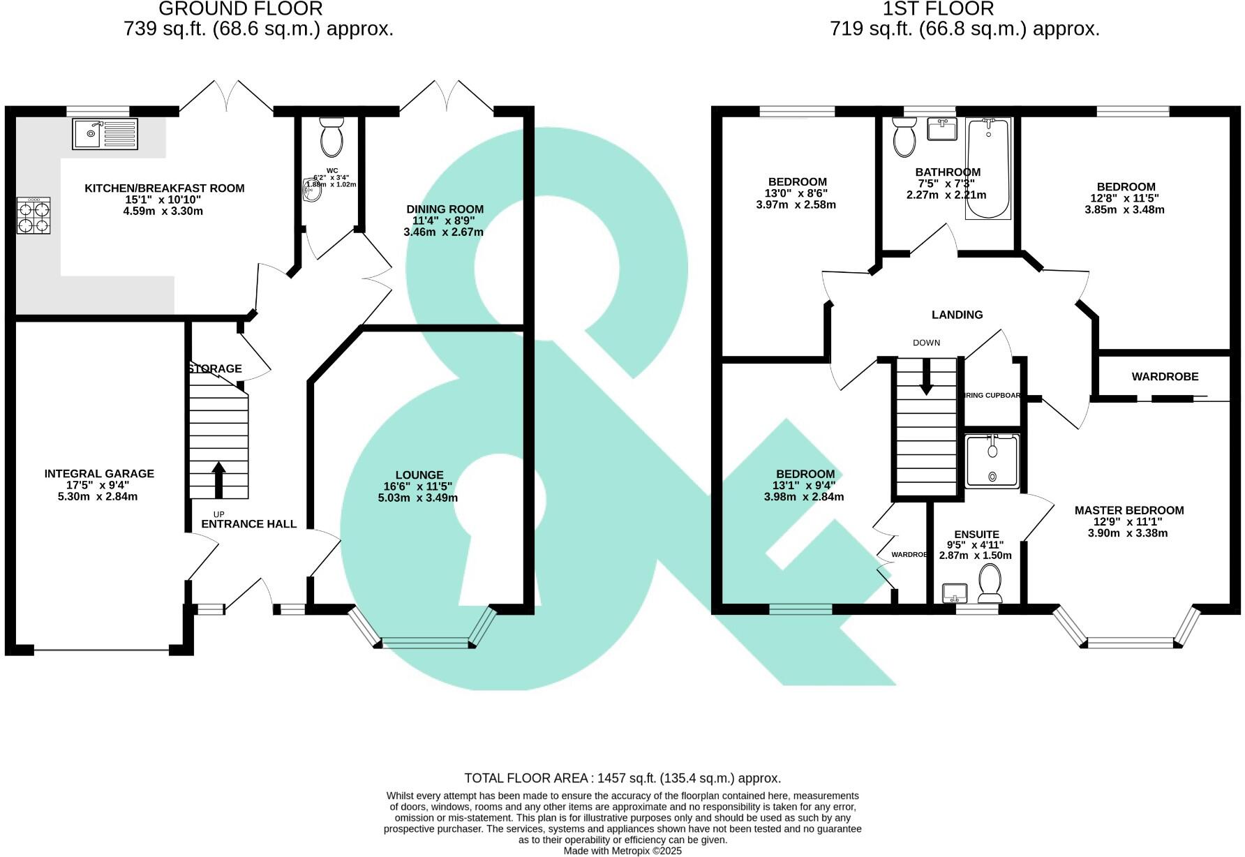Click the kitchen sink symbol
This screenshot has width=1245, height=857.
[105, 133]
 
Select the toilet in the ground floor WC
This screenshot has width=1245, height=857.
[331, 137]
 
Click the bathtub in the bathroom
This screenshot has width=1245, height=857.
[988, 168]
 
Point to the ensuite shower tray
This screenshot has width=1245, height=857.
[992, 461]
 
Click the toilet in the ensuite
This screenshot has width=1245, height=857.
[990, 583]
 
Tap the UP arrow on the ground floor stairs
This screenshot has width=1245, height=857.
[218, 479]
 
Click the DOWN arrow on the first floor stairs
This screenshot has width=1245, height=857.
[926, 378]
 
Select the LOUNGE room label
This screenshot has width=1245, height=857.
[419, 475]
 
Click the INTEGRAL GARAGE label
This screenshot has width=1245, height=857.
[99, 473]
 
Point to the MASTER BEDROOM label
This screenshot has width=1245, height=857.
[1128, 510]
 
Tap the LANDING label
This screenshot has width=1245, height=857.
[957, 315]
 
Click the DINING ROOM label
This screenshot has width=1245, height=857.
[445, 209]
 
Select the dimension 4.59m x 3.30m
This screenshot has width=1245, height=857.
[163, 211]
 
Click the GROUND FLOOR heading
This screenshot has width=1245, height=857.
[241, 9]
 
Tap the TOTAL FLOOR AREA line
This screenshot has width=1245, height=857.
[622, 778]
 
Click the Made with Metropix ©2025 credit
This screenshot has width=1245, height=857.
[622, 851]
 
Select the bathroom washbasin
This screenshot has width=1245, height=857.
[942, 129]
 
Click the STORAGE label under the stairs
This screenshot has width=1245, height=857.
[215, 368]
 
